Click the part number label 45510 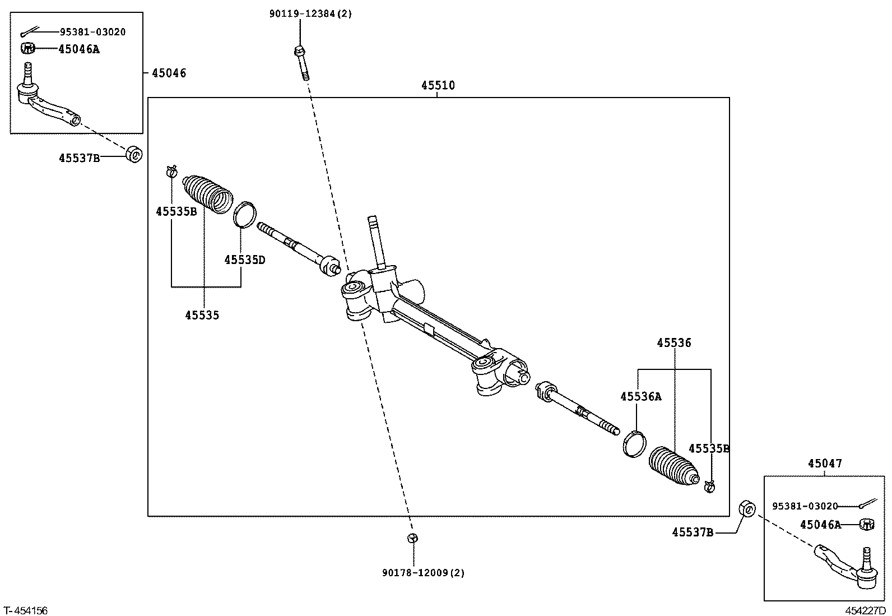[438, 86]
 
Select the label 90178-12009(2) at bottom [424, 573]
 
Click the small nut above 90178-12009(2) [412, 538]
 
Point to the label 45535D [244, 260]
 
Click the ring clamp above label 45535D [245, 215]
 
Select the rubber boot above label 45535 [207, 193]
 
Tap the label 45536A [640, 397]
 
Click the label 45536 [674, 343]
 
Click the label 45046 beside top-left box [169, 73]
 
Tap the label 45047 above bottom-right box [824, 464]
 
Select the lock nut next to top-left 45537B [134, 154]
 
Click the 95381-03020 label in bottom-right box [805, 506]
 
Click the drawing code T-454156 [25, 610]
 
